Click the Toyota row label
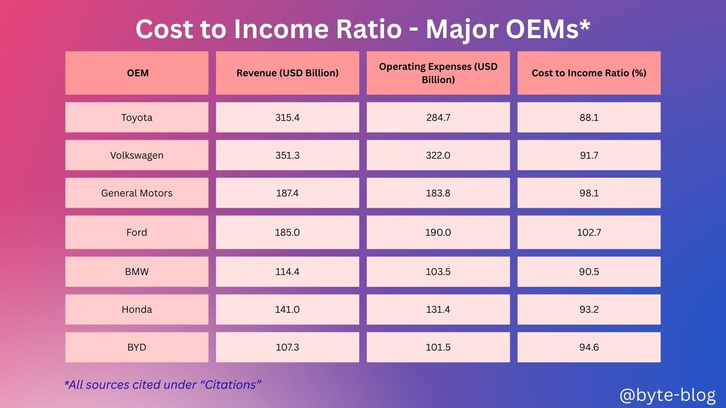[137, 117]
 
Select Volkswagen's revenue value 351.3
[287, 155]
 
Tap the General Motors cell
[137, 193]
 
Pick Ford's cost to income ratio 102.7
[589, 232]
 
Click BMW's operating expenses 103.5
[438, 272]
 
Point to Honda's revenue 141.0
[287, 309]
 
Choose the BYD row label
[137, 347]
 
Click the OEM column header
[138, 73]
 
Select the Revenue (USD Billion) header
[287, 73]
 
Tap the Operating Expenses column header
[438, 73]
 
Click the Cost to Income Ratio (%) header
[589, 73]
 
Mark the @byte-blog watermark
[667, 395]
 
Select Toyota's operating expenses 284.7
[438, 117]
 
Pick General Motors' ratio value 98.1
[589, 193]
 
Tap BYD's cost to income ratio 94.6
[589, 347]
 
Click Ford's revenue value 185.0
[287, 232]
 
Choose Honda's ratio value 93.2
[589, 309]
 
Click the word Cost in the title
[164, 29]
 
